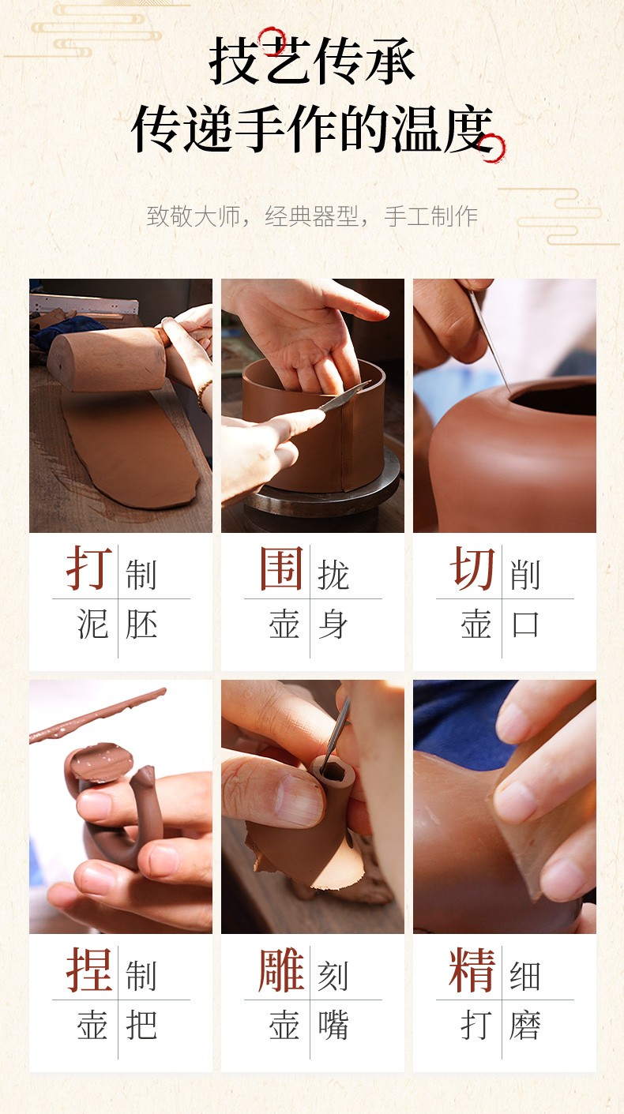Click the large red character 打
click(x=88, y=568)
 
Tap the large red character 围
click(x=281, y=568)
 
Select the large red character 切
click(x=472, y=568)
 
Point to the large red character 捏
click(x=89, y=970)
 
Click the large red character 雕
click(x=281, y=970)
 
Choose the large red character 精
click(x=472, y=970)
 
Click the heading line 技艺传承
click(x=312, y=61)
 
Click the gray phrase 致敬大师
click(x=194, y=216)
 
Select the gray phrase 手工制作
click(x=431, y=216)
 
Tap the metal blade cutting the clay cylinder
click(x=344, y=396)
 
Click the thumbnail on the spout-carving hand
click(x=299, y=799)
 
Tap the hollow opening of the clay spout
click(x=334, y=771)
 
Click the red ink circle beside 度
click(x=492, y=148)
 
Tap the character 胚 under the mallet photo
click(x=141, y=624)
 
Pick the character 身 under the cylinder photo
click(x=333, y=624)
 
